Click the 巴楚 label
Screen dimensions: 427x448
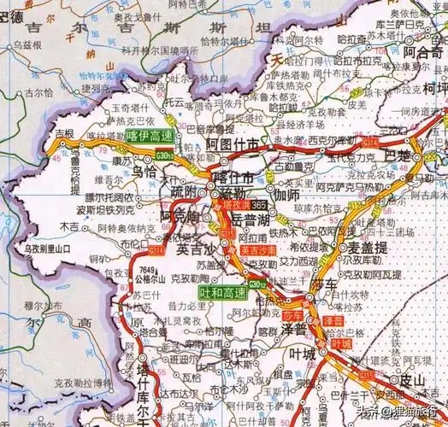(398, 156)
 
